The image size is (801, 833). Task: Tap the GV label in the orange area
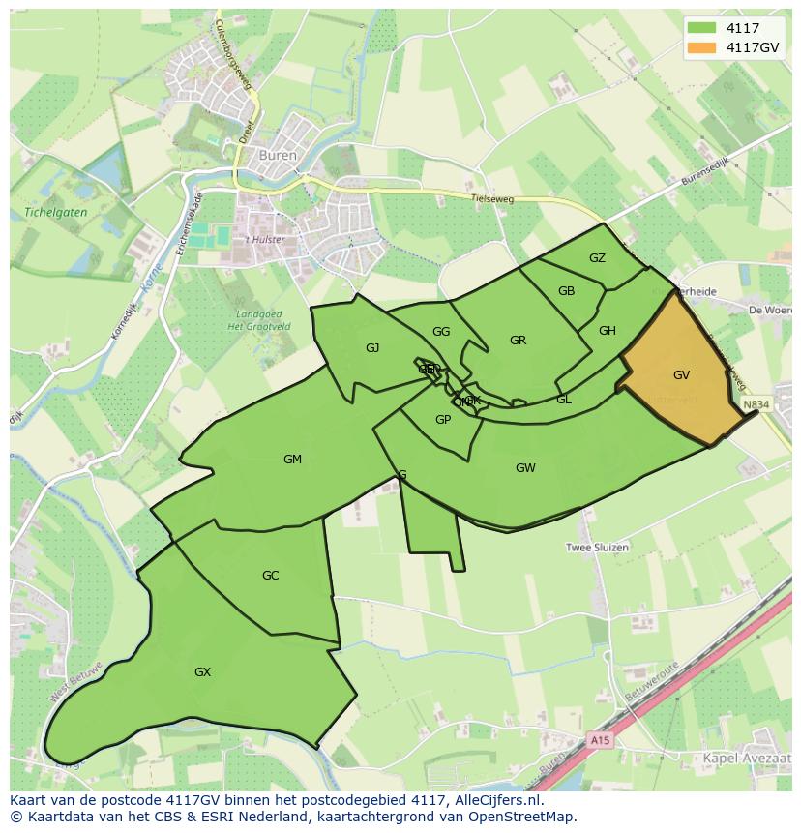tap(682, 374)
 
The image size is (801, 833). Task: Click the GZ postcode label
tap(597, 257)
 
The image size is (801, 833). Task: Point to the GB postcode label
tap(567, 291)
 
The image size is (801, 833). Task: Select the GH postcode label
tap(608, 331)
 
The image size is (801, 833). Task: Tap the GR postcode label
tap(518, 340)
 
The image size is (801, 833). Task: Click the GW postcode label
tap(525, 468)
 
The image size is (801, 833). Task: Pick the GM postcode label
tap(292, 460)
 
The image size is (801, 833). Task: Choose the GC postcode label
tap(270, 576)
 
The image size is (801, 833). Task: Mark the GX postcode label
tap(202, 672)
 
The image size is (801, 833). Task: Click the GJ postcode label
tap(372, 348)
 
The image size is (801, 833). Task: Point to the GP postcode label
tap(443, 419)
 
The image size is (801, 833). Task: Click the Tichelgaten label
tap(55, 212)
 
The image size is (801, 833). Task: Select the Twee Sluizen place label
tap(597, 548)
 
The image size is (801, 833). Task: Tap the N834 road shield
tap(756, 403)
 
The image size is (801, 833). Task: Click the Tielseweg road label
tap(491, 199)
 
